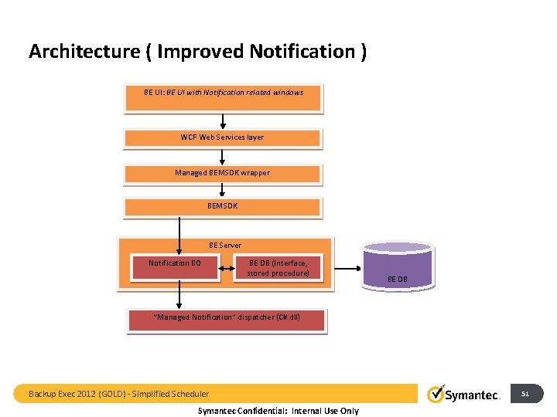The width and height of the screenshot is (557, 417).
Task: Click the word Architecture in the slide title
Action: pyautogui.click(x=84, y=52)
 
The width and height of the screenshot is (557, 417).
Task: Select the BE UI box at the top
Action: pyautogui.click(x=223, y=98)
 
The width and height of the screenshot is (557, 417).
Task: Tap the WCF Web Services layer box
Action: pyautogui.click(x=223, y=138)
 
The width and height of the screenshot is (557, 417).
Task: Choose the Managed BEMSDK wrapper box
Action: pyautogui.click(x=223, y=173)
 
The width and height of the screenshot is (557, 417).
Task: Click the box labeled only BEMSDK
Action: pyautogui.click(x=223, y=207)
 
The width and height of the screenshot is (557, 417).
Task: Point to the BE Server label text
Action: pyautogui.click(x=224, y=245)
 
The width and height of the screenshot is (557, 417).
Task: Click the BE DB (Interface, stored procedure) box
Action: pyautogui.click(x=278, y=269)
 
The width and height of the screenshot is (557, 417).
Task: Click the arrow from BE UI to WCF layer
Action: pyautogui.click(x=223, y=120)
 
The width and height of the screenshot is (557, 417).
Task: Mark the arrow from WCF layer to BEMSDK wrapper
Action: pyautogui.click(x=223, y=157)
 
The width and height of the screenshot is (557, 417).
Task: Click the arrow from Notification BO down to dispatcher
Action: pyautogui.click(x=179, y=294)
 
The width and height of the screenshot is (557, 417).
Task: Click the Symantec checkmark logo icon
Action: pyautogui.click(x=436, y=394)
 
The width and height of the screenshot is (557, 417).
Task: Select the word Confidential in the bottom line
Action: pyautogui.click(x=259, y=411)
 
